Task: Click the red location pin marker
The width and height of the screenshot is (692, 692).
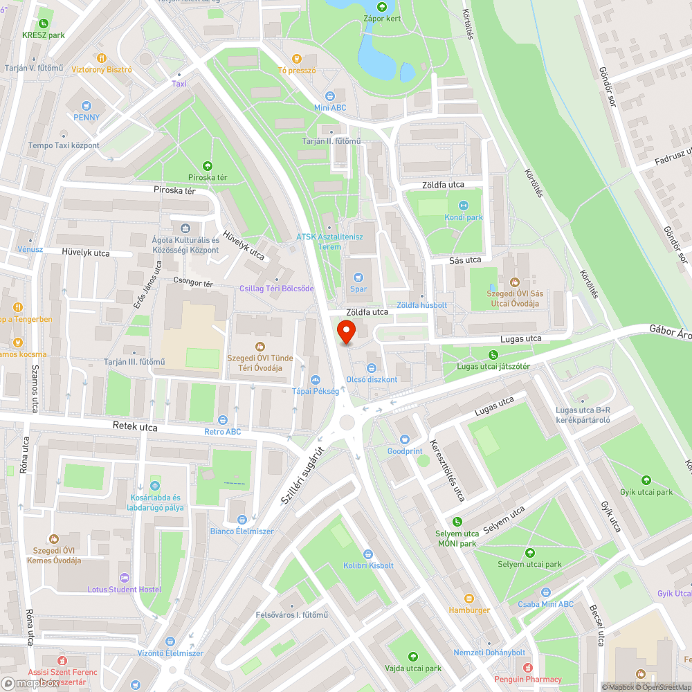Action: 346,331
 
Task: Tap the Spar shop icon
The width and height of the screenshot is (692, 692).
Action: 358,276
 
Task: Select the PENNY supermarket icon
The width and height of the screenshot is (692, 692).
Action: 86,105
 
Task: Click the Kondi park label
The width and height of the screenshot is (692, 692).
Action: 464,217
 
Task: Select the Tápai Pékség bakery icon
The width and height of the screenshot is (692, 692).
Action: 316,379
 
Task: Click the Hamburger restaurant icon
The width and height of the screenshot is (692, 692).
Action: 469,598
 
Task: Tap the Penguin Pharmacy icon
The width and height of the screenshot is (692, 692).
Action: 528,668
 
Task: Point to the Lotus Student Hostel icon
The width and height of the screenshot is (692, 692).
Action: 125,577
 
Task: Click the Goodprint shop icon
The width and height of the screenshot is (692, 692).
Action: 405,439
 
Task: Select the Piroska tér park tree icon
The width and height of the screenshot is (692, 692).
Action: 208,165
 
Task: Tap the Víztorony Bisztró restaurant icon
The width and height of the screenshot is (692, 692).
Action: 102,58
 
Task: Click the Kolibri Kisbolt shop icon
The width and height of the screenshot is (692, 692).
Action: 368,554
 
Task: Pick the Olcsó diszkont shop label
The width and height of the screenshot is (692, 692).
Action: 372,379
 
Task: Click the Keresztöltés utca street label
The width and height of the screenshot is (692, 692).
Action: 448,470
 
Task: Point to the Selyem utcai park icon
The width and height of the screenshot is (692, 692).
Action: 530,552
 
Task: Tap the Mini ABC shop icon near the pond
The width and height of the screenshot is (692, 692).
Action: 330,95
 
